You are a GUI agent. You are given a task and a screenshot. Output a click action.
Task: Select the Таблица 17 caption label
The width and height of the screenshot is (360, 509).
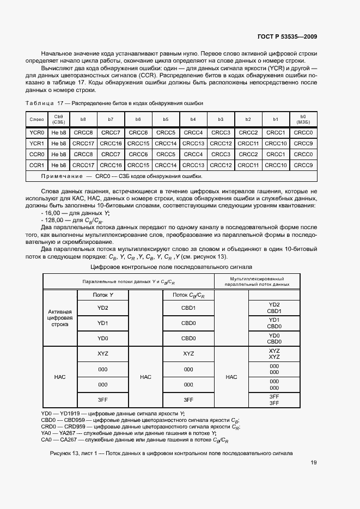[39, 103]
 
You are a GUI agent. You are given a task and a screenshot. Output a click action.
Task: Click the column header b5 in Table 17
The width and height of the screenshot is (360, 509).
[166, 119]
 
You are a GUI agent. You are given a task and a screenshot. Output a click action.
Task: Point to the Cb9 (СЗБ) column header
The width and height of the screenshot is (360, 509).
[59, 119]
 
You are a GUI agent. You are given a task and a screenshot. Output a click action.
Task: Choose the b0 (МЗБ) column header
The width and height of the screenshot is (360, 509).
[303, 119]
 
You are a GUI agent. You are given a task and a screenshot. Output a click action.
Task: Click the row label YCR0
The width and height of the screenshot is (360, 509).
[36, 132]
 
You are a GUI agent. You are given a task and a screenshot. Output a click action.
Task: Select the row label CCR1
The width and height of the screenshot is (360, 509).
[36, 165]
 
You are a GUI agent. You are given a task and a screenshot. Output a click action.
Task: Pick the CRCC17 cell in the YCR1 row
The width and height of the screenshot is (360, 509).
[83, 143]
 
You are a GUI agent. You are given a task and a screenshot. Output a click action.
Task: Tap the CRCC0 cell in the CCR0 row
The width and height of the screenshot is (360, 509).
[303, 154]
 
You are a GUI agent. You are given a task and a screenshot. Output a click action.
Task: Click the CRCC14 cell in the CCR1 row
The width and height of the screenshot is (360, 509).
[166, 165]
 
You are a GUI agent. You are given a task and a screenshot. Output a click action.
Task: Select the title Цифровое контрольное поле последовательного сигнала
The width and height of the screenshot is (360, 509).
[171, 267]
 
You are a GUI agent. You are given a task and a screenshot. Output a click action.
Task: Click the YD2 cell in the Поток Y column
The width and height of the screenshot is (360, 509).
[103, 308]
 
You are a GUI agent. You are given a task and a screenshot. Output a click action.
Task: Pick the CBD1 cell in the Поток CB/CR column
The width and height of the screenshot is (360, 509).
[188, 308]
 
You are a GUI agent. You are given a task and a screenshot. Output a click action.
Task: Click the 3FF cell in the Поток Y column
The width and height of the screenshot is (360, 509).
[103, 400]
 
